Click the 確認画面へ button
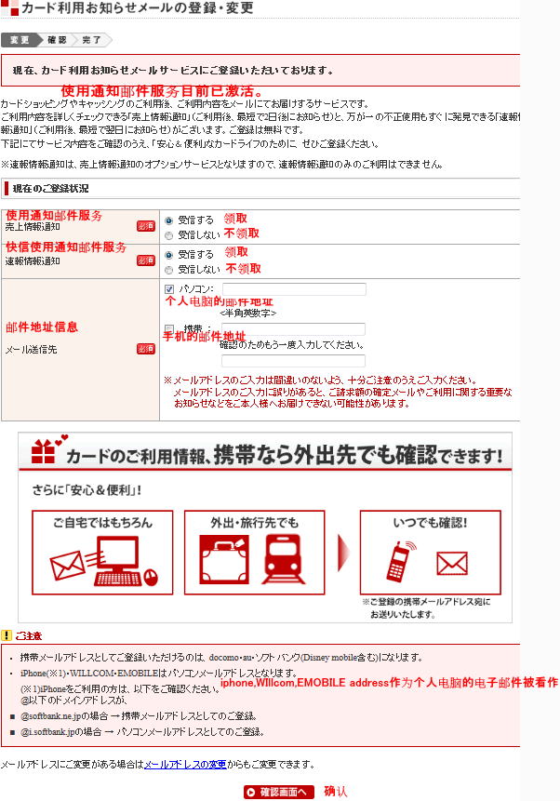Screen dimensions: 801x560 279,792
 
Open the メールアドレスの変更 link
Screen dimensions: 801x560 184,764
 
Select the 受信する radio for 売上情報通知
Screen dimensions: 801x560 168,220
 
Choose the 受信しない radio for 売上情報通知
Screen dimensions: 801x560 168,235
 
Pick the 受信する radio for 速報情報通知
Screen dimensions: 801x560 168,254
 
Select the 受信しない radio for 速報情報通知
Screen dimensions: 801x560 168,269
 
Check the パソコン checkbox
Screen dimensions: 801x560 168,289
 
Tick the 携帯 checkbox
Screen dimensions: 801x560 168,328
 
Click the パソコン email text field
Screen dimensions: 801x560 293,289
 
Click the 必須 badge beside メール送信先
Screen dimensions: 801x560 145,349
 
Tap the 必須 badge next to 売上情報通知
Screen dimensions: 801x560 145,226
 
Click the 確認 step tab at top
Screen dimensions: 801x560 57,40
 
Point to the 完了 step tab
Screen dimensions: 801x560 91,40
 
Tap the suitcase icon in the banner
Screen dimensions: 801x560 224,558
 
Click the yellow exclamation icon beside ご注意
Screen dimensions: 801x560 7,635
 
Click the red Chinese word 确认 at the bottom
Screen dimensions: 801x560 336,792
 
